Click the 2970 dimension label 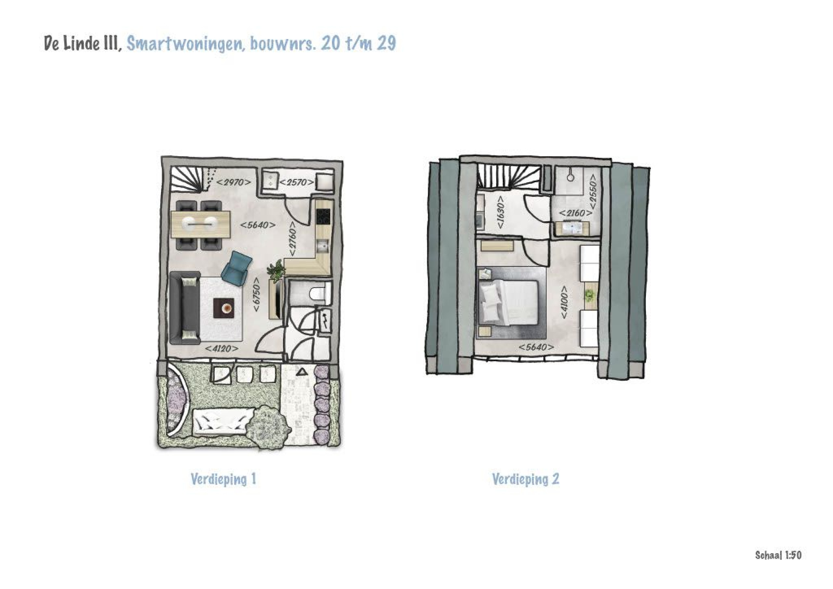(x=234, y=182)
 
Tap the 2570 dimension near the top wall (x=296, y=182)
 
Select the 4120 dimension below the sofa (x=222, y=349)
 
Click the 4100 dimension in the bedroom (x=564, y=302)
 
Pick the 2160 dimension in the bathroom (x=575, y=213)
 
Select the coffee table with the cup (x=224, y=308)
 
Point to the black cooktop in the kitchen (x=323, y=217)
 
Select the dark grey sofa (x=184, y=308)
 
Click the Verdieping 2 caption (x=525, y=479)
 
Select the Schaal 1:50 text (x=778, y=555)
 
